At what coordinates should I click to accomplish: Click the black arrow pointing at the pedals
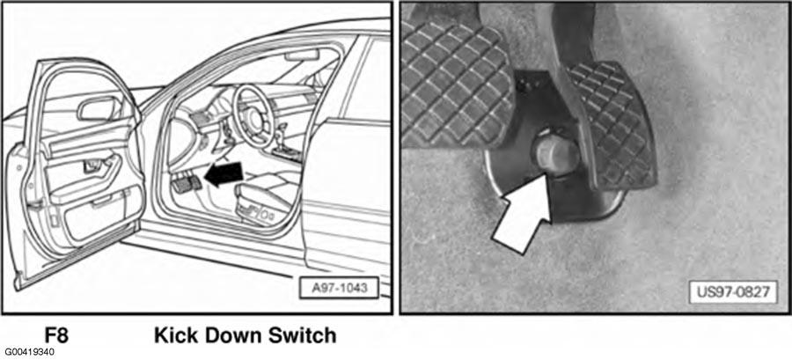coord(224,174)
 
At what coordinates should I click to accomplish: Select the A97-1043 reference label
coord(339,289)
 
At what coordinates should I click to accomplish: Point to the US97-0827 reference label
coord(733,292)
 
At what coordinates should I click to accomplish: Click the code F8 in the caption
coord(55,335)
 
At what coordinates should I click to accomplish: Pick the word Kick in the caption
coord(176,335)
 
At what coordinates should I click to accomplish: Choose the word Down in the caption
coord(234,335)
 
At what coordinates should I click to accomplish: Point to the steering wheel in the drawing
coord(253,115)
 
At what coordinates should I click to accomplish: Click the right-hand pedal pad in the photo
coord(613,126)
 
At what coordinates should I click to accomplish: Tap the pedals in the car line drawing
coord(186,182)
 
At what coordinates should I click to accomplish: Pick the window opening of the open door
coord(83,96)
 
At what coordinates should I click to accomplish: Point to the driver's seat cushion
coord(262,195)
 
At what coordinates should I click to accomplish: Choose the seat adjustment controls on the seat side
coord(262,217)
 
